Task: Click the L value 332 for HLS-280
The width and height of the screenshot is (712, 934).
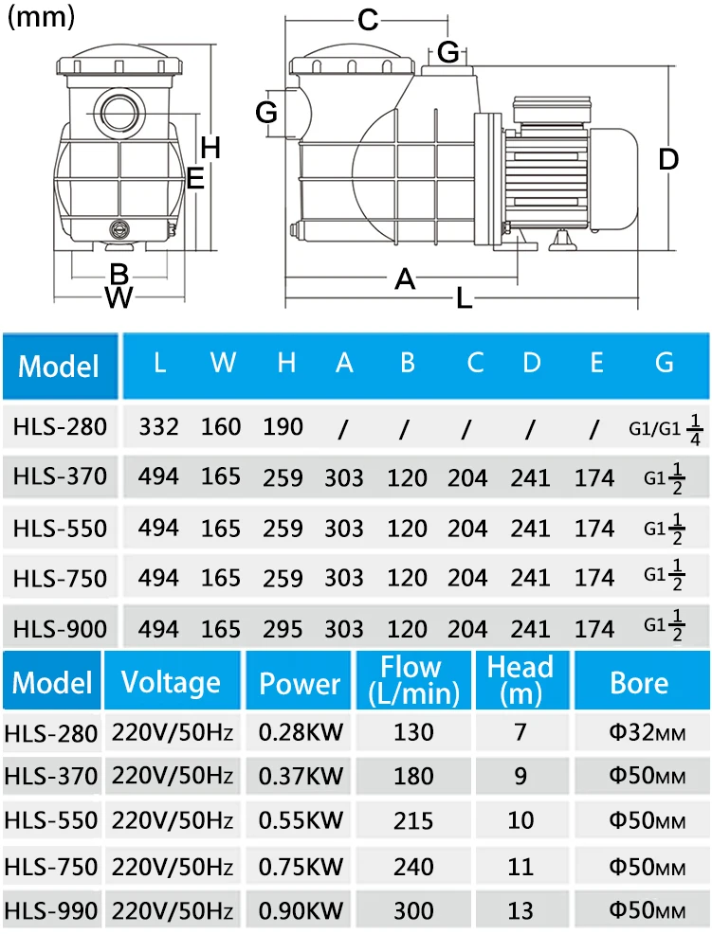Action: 158,426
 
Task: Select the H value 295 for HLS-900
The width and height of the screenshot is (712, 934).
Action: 283,629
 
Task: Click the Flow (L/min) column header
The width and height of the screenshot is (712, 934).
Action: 413,679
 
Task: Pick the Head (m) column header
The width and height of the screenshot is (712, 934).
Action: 520,679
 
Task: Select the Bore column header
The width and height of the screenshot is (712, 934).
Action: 639,683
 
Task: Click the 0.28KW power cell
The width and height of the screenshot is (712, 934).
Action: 301,732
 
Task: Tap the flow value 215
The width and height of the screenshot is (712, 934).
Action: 413,821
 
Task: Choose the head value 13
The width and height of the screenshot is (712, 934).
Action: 520,910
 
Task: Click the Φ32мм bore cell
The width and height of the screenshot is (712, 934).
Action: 647,732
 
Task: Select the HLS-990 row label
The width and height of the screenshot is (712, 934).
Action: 50,910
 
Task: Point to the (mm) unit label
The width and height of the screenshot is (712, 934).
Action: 41,17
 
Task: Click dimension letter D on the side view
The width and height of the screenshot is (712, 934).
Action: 668,159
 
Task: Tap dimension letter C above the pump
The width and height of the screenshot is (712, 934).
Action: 368,20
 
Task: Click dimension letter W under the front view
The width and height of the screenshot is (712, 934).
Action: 119,296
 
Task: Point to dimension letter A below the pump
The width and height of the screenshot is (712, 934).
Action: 405,278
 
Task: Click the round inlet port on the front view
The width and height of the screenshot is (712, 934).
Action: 119,112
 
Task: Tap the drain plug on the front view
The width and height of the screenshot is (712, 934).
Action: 119,229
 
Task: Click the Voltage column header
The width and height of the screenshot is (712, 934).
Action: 172,683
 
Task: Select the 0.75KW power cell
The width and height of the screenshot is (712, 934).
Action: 301,866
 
